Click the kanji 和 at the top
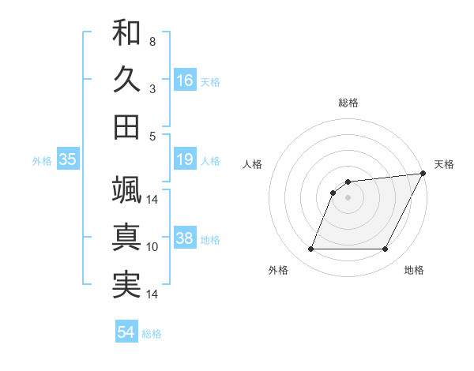(126, 33)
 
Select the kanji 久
(126, 80)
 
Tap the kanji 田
(126, 126)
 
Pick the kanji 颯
(126, 190)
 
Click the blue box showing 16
(185, 80)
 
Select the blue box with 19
(185, 160)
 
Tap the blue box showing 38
(185, 239)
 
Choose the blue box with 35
(68, 160)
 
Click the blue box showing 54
(126, 332)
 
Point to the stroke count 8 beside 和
(152, 41)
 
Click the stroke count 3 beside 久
(152, 89)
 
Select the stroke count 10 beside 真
(152, 247)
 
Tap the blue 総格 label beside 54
(152, 334)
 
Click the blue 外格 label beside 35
(42, 161)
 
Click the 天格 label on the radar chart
(444, 164)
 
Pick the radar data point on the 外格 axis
(310, 249)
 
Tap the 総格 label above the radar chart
(348, 103)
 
